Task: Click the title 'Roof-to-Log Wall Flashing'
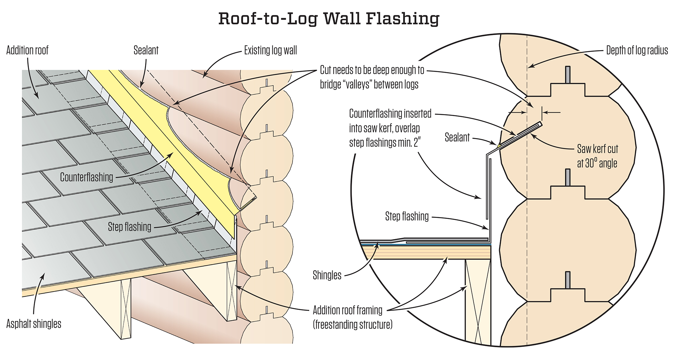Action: click(329, 19)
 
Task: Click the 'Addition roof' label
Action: click(27, 51)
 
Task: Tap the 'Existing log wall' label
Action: click(270, 51)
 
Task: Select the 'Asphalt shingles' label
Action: click(34, 324)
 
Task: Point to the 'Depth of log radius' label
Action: click(637, 51)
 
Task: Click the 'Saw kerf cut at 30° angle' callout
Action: click(597, 156)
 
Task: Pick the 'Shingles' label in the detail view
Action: click(327, 275)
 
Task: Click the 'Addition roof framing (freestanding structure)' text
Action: click(352, 317)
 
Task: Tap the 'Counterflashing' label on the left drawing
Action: click(87, 177)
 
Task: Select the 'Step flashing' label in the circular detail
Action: click(407, 216)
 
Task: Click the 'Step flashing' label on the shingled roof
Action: click(130, 227)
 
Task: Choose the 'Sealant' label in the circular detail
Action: click(457, 137)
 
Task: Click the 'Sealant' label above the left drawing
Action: click(146, 51)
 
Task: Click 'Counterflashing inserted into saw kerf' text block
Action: click(390, 128)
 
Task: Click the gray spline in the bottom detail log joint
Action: click(568, 280)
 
